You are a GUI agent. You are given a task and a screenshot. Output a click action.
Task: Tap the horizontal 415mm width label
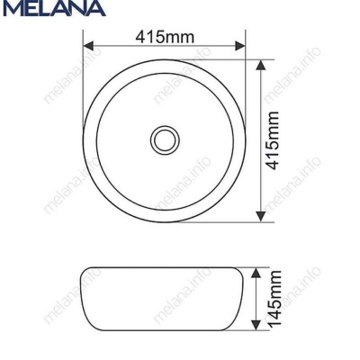164,37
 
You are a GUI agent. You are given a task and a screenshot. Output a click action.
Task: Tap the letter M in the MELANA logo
11,11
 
